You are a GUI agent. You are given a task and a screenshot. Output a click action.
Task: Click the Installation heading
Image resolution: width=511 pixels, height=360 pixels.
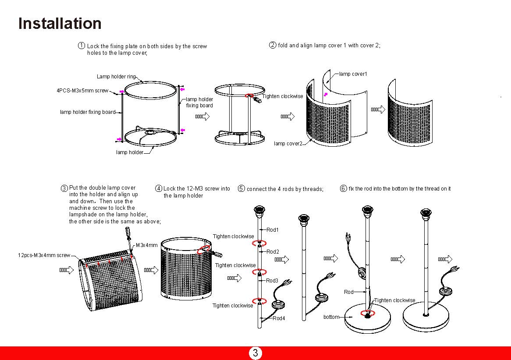pyautogui.click(x=60, y=23)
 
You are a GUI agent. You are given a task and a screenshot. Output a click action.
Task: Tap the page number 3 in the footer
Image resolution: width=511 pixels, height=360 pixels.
pyautogui.click(x=255, y=353)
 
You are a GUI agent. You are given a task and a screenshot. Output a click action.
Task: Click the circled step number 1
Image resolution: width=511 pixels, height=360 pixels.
pyautogui.click(x=82, y=46)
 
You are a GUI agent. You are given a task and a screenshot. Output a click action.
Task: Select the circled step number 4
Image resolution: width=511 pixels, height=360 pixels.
pyautogui.click(x=159, y=189)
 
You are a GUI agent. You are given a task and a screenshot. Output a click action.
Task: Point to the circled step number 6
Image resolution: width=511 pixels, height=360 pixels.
pyautogui.click(x=344, y=188)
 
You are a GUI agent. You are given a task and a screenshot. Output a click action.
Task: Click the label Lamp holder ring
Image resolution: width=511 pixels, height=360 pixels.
pyautogui.click(x=116, y=77)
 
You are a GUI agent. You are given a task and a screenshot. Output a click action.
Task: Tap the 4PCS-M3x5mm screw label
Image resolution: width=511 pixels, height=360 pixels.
pyautogui.click(x=82, y=91)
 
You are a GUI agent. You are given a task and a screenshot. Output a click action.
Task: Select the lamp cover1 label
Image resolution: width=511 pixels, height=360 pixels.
pyautogui.click(x=353, y=74)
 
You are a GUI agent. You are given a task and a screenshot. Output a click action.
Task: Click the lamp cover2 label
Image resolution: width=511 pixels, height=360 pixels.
pyautogui.click(x=288, y=143)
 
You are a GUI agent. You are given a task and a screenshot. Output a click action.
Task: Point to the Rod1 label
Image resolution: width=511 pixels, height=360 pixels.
pyautogui.click(x=272, y=230)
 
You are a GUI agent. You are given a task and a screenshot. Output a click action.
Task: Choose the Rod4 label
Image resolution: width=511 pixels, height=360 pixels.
pyautogui.click(x=278, y=318)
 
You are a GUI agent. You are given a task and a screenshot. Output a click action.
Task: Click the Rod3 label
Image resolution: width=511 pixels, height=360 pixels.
pyautogui.click(x=272, y=281)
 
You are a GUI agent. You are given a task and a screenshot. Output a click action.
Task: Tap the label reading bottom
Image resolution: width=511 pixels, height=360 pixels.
pyautogui.click(x=331, y=317)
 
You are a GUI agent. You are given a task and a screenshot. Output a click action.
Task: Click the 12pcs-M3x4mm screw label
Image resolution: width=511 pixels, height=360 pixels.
pyautogui.click(x=44, y=255)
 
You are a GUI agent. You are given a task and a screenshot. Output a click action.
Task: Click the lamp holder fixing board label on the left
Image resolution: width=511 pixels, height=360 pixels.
pyautogui.click(x=88, y=112)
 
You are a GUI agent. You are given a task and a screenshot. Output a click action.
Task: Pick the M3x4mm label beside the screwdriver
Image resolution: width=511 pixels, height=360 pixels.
pyautogui.click(x=146, y=245)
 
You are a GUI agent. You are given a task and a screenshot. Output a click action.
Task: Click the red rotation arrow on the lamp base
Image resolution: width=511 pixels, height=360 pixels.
pyautogui.click(x=367, y=313)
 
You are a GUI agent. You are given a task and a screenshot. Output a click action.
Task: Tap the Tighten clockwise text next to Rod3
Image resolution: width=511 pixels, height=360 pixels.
pyautogui.click(x=235, y=265)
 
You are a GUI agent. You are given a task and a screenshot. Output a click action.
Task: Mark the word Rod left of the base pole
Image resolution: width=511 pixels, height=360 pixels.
pyautogui.click(x=348, y=292)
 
